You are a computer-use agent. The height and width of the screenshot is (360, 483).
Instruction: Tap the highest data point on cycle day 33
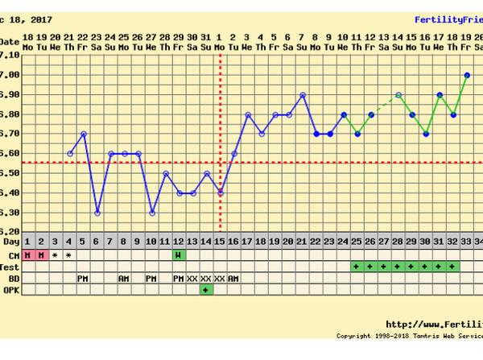[x=468, y=75]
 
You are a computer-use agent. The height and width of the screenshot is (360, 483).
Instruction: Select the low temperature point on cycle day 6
[x=97, y=213]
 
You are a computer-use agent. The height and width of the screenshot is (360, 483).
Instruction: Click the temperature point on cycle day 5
[x=84, y=134]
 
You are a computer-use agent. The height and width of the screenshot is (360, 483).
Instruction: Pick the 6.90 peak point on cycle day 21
[x=303, y=94]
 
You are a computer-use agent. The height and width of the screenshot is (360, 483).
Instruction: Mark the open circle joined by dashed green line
[x=399, y=94]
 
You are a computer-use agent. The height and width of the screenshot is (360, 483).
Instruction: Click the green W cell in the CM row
[x=180, y=255]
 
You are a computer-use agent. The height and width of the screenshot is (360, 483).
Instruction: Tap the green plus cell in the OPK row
[x=207, y=289]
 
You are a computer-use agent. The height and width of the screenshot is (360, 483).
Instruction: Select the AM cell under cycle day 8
[x=125, y=278]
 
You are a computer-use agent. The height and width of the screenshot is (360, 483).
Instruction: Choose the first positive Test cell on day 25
[x=357, y=267]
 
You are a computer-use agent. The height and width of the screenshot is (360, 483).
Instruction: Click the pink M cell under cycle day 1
[x=28, y=255]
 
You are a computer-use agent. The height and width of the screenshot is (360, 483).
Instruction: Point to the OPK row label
[x=10, y=289]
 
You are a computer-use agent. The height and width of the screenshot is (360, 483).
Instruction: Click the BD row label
[x=10, y=278]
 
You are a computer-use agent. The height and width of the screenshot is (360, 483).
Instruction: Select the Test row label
[x=10, y=267]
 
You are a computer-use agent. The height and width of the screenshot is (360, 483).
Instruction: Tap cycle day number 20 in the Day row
[x=289, y=242]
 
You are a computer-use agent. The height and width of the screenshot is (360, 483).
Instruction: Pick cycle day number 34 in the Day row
[x=478, y=242]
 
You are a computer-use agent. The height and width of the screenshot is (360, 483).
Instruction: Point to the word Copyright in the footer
[x=353, y=336]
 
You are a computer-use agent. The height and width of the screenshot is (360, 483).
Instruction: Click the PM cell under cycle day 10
[x=152, y=278]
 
